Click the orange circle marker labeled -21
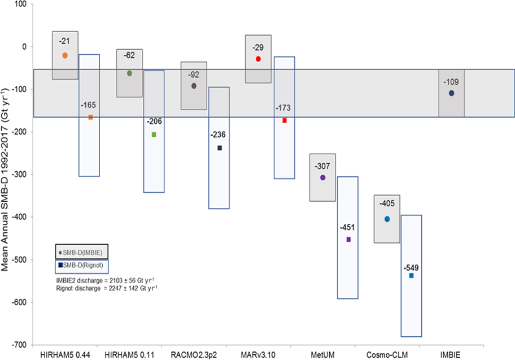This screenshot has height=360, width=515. point(65,55)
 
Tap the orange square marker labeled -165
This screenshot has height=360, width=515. point(90,117)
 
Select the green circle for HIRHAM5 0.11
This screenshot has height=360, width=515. point(129,73)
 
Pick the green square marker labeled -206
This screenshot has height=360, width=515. point(154,135)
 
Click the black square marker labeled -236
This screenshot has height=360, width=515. point(219,148)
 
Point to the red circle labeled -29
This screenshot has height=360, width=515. point(258,59)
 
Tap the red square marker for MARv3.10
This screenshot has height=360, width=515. point(285,120)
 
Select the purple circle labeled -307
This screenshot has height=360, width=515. point(322,177)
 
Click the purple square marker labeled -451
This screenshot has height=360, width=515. point(348,240)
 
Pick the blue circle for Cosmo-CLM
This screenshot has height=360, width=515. point(387,219)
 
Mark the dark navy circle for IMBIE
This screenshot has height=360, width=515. point(451,93)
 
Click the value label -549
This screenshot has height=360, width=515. point(411,267)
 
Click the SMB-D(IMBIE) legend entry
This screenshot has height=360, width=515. point(83,251)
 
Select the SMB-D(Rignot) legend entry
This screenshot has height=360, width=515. point(83,264)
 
